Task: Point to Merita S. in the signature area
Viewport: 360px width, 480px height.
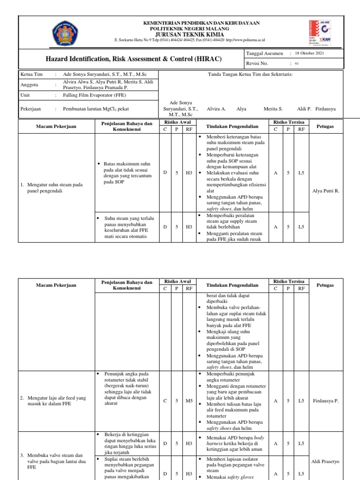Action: point(273,109)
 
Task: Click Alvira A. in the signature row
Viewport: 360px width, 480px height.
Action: point(216,109)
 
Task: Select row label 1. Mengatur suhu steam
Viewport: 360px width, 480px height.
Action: point(52,188)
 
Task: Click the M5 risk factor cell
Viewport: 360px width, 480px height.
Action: point(189,401)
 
